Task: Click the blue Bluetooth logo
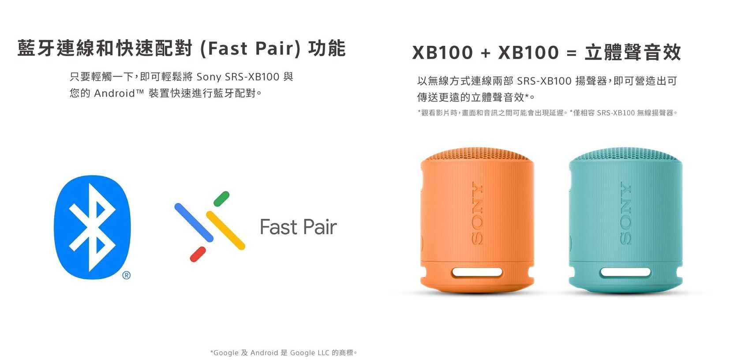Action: click(92, 227)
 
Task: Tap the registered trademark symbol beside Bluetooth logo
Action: click(127, 276)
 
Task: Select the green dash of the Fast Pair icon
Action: click(221, 199)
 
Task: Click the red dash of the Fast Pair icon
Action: click(198, 255)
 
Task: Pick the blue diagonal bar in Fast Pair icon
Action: click(194, 222)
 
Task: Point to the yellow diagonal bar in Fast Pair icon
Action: click(225, 231)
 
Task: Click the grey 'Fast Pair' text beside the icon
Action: click(298, 227)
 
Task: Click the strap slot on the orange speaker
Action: click(477, 272)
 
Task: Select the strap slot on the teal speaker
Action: click(625, 272)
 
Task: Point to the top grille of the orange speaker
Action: click(476, 154)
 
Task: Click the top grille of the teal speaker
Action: click(625, 154)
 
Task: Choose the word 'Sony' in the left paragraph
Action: click(209, 77)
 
